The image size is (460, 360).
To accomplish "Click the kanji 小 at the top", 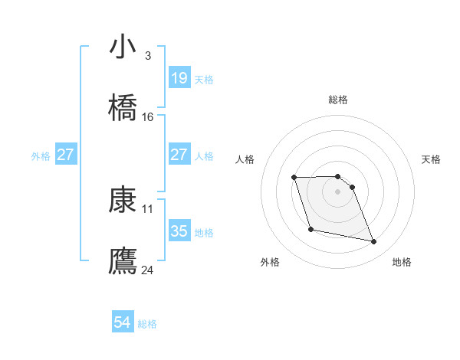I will click(123, 47).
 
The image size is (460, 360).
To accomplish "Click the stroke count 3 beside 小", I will click(147, 56).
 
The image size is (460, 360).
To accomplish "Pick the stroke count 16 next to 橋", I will click(148, 117).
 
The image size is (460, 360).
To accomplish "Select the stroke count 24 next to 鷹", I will click(148, 270).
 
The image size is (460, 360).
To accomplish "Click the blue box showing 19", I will click(179, 78).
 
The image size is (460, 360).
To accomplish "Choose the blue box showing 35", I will click(179, 231).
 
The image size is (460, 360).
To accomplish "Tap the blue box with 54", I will click(123, 323).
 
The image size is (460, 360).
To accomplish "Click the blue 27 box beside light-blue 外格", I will click(66, 155).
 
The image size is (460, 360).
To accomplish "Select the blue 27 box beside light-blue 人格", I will click(179, 155).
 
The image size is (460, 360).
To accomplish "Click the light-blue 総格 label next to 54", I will click(147, 324).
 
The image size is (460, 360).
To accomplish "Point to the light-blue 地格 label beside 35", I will click(204, 232).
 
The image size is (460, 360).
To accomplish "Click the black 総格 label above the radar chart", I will click(338, 100).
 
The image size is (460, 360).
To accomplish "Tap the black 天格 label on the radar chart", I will click(432, 159).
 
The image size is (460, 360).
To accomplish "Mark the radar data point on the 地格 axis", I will click(374, 242).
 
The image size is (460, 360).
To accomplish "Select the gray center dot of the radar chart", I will click(338, 191).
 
